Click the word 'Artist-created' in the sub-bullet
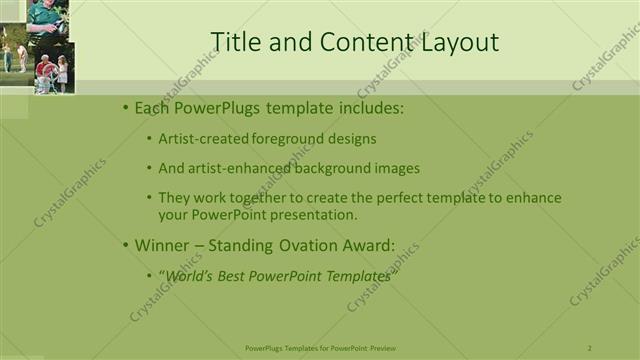[x=200, y=139]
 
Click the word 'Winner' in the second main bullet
[x=161, y=244]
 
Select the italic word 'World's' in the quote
[x=190, y=276]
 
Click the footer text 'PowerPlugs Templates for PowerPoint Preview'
[x=320, y=348]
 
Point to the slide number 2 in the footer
[x=590, y=348]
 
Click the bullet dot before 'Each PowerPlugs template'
[x=124, y=107]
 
